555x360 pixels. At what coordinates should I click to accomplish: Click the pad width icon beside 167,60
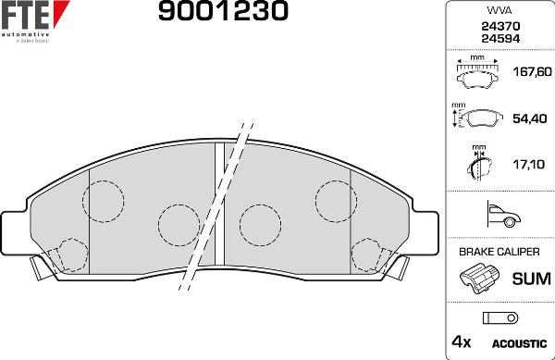tap(477, 71)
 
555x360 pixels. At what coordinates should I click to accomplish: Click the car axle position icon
tap(499, 216)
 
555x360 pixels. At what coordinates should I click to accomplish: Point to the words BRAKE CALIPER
tap(499, 252)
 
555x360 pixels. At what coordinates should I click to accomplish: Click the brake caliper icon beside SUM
tap(478, 278)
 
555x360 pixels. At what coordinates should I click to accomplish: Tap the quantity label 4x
tap(460, 342)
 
